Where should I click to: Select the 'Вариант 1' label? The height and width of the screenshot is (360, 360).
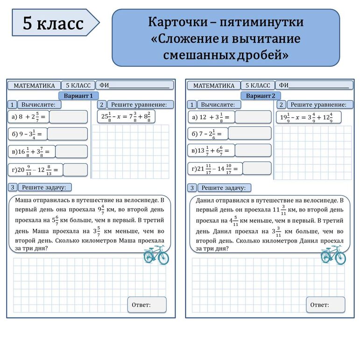tap(78, 96)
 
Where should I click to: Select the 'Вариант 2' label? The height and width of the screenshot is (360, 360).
tap(261, 96)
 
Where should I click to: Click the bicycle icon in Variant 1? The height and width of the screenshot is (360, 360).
tap(156, 255)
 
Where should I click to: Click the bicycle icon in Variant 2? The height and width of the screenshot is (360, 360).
tap(332, 255)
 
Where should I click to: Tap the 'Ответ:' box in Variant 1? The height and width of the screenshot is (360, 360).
tap(147, 304)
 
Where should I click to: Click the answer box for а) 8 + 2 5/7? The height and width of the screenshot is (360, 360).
tap(68, 117)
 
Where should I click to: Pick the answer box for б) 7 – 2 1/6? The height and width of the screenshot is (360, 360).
tap(249, 134)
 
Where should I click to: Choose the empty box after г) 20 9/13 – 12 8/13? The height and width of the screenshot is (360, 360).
tap(75, 170)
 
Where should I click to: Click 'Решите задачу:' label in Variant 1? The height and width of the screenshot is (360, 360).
tap(45, 187)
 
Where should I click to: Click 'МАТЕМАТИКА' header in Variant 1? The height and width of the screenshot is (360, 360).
tap(34, 85)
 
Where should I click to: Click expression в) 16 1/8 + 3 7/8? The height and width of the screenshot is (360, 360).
tap(32, 152)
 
